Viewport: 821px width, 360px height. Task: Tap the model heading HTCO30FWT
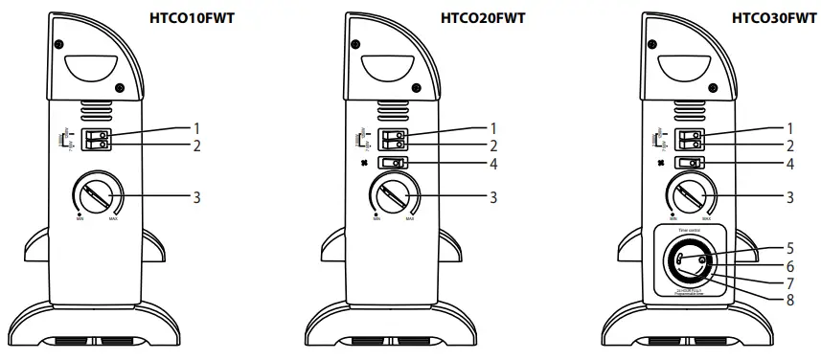(775, 17)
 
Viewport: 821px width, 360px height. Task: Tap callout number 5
(791, 249)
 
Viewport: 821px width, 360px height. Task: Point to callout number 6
(791, 265)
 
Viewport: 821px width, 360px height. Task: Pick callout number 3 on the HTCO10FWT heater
(196, 197)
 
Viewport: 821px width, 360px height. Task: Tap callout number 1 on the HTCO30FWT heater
(791, 127)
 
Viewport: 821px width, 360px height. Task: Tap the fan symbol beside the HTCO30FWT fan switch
(660, 163)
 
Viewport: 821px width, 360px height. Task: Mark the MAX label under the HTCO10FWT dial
(114, 218)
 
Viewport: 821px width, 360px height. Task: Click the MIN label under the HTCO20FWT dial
(374, 218)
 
